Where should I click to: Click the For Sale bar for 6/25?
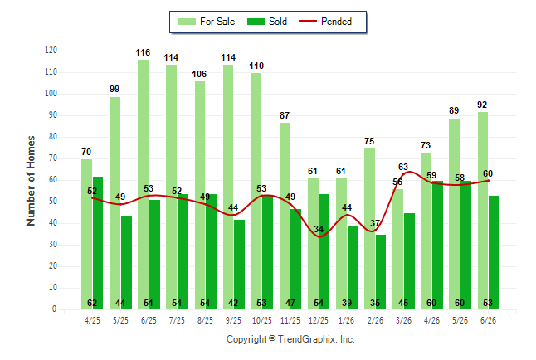144,185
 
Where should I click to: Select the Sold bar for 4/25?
98,243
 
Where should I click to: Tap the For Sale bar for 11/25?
285,216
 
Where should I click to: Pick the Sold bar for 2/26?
381,272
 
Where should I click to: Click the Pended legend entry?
325,22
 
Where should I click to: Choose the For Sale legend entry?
207,22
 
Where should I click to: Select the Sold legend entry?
267,22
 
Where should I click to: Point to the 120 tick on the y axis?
51,51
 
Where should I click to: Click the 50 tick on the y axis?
52,202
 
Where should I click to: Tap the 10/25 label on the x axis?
262,321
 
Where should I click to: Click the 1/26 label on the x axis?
347,321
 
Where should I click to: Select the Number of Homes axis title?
31,181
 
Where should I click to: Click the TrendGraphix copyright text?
290,339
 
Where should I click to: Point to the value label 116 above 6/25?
143,52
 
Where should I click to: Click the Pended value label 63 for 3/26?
403,167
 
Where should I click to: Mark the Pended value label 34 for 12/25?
319,229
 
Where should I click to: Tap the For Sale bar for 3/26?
398,249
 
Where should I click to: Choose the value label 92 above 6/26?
482,105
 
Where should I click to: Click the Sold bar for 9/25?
239,265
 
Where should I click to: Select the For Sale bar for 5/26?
455,214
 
